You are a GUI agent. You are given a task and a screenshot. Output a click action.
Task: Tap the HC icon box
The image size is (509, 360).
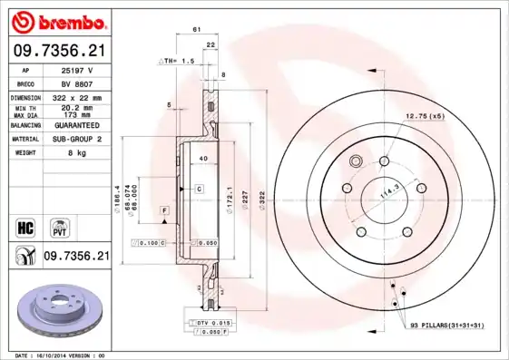pyautogui.click(x=25, y=227)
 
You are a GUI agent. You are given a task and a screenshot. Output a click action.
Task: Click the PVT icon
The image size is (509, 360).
pyautogui.click(x=59, y=227)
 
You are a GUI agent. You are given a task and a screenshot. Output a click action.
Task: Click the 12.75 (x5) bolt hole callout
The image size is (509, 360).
pyautogui.click(x=424, y=115)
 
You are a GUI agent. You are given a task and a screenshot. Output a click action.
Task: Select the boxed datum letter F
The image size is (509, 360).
pyautogui.click(x=164, y=210)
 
